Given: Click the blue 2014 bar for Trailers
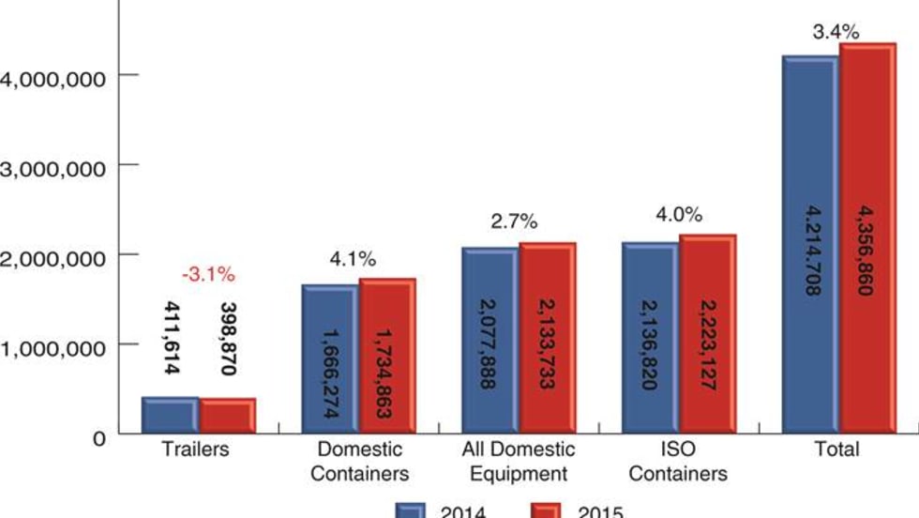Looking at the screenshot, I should [x=170, y=415].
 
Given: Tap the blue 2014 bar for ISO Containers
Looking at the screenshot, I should [x=650, y=338].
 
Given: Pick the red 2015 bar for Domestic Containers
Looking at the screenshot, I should [x=387, y=357].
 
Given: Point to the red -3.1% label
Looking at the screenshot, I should [x=208, y=276].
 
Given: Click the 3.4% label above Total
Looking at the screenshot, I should [x=836, y=33].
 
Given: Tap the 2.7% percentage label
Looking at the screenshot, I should [x=514, y=222].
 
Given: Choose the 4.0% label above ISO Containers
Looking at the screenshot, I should [x=679, y=215].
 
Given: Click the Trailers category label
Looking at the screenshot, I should [x=196, y=449].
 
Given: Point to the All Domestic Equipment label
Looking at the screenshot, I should [x=519, y=461].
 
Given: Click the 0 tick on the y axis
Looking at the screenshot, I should [x=98, y=436].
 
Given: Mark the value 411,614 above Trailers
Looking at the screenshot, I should [x=171, y=338].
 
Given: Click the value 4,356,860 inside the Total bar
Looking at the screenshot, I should [x=865, y=253].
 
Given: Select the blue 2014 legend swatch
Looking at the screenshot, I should [x=409, y=511].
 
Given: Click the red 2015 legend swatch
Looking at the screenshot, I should [x=546, y=511].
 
